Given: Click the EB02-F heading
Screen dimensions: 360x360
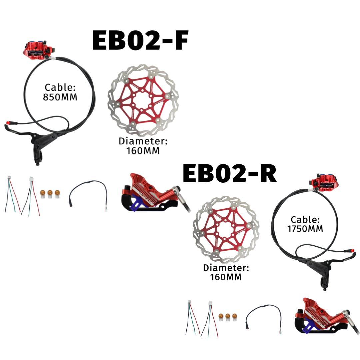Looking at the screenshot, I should pos(140,40).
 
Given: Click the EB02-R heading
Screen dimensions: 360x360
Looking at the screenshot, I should pos(230,173).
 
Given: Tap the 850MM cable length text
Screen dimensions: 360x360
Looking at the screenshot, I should pos(60,97).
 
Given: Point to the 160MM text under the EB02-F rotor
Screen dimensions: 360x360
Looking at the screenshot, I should pos(143,151).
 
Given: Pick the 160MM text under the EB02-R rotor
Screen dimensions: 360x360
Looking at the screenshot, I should pos(226,277).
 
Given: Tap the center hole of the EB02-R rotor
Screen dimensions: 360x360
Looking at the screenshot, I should pos(226,230).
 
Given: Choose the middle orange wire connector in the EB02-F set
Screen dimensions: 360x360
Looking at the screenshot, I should pos(50,194).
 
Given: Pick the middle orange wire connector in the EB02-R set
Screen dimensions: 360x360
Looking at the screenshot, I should pos(228,317).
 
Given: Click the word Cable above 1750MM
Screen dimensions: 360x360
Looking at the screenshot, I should pos(305,220).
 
